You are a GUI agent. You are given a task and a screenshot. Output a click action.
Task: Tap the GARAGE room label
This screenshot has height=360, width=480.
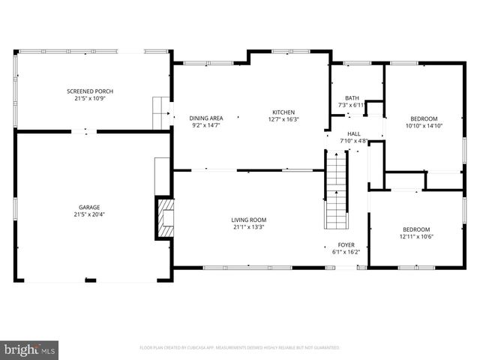pyautogui.click(x=89, y=207)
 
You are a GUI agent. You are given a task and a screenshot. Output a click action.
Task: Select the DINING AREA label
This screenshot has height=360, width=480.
pyautogui.click(x=205, y=118)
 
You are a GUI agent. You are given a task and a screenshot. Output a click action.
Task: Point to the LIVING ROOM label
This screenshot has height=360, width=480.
pyautogui.click(x=248, y=220)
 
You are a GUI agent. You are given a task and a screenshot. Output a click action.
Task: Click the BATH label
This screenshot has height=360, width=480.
pyautogui.click(x=351, y=98)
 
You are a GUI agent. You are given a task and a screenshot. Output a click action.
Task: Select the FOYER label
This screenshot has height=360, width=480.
pyautogui.click(x=346, y=245)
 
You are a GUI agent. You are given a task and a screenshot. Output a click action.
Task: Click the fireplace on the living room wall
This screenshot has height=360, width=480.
pyautogui.click(x=163, y=218)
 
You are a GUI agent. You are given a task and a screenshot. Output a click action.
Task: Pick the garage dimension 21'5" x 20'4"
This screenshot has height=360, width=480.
pyautogui.click(x=89, y=214)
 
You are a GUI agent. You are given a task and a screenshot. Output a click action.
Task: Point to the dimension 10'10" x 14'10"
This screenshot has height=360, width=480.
pyautogui.click(x=424, y=125)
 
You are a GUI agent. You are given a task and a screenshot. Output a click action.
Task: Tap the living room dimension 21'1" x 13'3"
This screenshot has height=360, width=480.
pyautogui.click(x=248, y=226)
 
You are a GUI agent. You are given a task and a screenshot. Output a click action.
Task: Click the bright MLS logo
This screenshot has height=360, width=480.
pyautogui.click(x=30, y=349)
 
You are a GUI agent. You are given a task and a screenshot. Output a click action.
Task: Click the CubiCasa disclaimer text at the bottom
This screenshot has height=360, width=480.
pyautogui.click(x=239, y=348)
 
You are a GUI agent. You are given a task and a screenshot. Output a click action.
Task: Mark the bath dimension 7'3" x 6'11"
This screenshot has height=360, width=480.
pyautogui.click(x=351, y=105)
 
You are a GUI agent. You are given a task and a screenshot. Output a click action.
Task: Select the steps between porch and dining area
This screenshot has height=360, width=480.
pyautogui.click(x=159, y=112)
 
